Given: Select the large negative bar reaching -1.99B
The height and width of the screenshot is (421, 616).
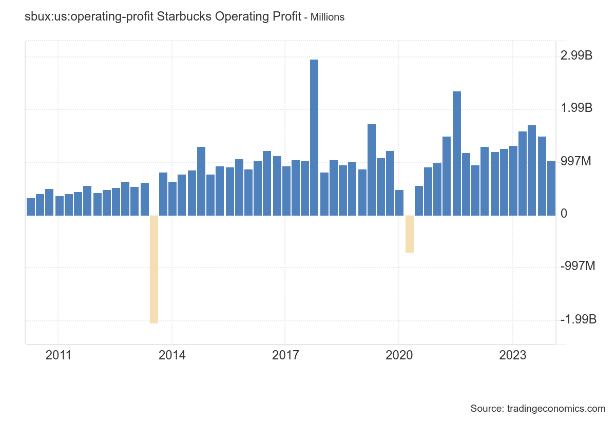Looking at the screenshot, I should [153, 269].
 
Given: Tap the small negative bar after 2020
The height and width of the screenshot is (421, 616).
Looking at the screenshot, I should [409, 234].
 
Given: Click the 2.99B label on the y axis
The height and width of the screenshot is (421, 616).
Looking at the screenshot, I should [576, 55].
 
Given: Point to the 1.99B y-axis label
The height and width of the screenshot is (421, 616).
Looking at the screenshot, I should [576, 108].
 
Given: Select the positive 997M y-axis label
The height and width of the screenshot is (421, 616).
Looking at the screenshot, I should [576, 162].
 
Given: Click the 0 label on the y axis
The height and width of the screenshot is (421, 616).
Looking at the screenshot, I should [564, 214].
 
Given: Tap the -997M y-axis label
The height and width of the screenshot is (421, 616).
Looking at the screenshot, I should [578, 266].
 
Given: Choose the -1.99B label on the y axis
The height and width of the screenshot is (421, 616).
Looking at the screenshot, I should [579, 320].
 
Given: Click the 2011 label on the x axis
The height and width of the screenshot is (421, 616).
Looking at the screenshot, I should [58, 356].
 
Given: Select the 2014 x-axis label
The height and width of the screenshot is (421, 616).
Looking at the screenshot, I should [172, 356].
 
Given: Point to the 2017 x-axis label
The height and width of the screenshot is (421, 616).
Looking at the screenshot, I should [285, 356].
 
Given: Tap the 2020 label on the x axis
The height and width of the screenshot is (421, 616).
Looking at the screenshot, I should [399, 356].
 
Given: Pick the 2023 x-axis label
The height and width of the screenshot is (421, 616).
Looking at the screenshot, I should [513, 356].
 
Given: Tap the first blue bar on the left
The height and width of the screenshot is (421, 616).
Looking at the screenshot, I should [31, 206].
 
